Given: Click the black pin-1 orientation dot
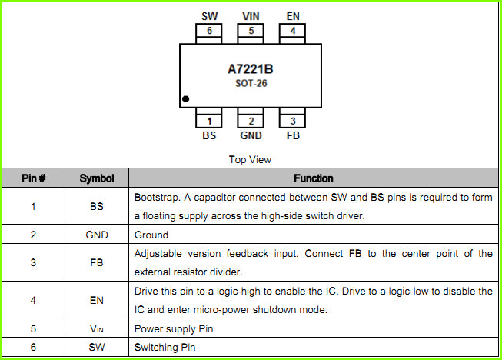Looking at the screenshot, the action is pos(186,99).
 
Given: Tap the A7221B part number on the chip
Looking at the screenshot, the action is pos(251,69).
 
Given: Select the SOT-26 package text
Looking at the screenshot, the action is pos(251,83).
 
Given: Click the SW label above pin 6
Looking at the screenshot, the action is pos(210,16).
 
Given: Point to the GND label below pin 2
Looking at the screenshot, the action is pos(251,135).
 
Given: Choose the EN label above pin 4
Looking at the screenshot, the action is pos(293,16).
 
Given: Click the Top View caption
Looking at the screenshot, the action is pos(250,159).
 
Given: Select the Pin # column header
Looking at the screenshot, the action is pos(34,178).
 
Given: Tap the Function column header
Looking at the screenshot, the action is pos(314,178).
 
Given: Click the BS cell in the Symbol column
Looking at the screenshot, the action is pos(97,206).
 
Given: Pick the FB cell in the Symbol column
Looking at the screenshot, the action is pos(97,262).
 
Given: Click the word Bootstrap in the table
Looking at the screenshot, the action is pos(157,198).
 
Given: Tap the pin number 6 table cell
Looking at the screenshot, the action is pos(33,347).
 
